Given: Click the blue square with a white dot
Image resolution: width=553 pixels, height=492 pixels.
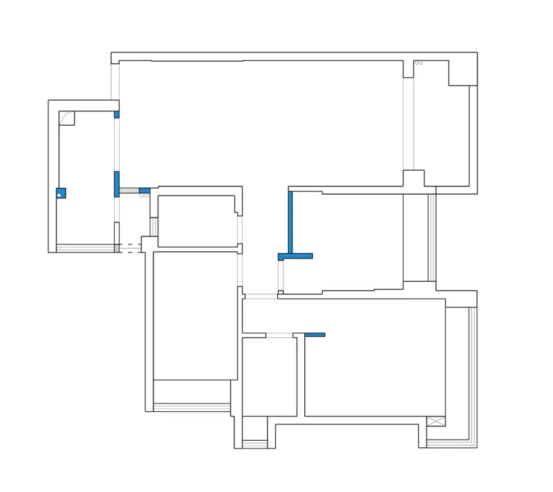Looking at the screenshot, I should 61,193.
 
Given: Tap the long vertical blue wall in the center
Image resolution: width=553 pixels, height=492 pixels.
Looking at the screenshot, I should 290,221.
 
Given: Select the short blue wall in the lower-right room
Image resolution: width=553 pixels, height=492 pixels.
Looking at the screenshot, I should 315,334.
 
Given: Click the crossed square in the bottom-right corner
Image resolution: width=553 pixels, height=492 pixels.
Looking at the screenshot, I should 435,422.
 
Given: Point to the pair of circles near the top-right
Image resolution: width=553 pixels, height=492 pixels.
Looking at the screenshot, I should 418,63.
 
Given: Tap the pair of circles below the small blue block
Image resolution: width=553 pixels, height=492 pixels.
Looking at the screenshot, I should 144,196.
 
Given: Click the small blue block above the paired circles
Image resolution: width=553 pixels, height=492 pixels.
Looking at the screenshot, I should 144,190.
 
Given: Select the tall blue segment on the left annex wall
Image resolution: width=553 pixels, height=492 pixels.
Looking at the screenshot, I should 117,183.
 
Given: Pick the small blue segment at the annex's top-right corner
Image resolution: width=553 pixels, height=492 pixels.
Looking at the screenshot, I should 117,114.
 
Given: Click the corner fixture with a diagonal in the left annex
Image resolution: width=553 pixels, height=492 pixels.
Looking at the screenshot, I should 67,118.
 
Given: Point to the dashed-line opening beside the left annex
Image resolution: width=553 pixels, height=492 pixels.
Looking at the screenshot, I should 129,248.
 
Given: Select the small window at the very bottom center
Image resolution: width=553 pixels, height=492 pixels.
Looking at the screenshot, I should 254,444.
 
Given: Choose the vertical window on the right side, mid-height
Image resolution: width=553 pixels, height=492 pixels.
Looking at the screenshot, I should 432,237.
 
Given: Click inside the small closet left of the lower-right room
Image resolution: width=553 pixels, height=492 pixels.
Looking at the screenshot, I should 270,377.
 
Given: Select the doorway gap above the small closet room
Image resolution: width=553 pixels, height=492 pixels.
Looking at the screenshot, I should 279,335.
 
